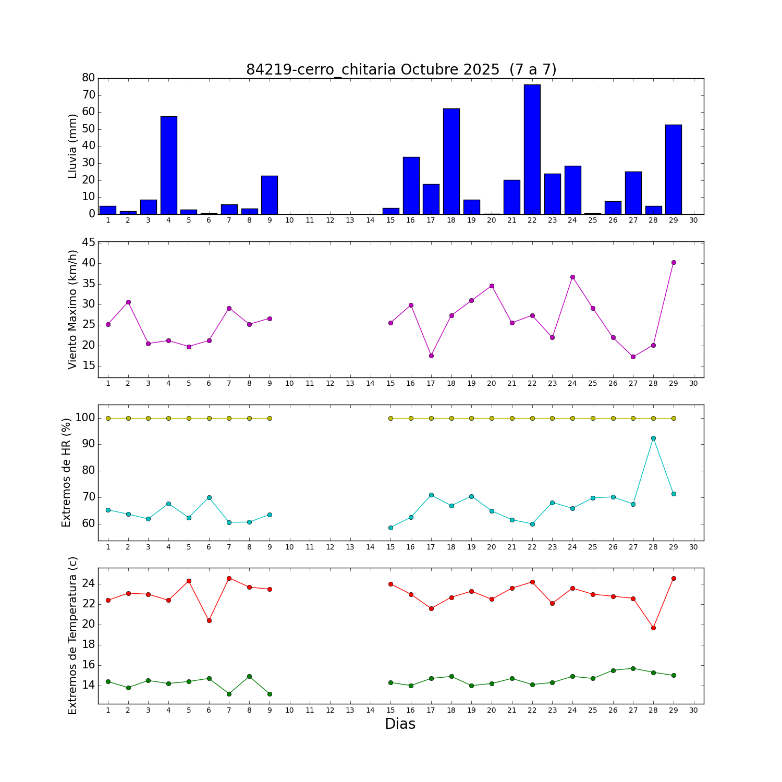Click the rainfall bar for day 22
coord(532,149)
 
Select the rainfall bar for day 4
coord(168,165)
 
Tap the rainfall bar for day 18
coord(451,161)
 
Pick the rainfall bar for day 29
coord(674,169)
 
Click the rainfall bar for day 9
coord(270,195)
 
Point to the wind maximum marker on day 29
coord(674,262)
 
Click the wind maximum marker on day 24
coord(572,277)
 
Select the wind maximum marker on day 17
coord(431,356)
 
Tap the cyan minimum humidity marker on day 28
coord(653,438)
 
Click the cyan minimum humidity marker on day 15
coord(390,528)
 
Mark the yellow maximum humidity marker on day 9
coord(270,418)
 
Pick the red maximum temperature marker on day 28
coord(653,628)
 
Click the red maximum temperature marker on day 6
coord(209,620)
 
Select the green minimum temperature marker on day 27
coord(633,668)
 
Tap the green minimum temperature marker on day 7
coord(229,694)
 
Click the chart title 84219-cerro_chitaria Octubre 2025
coord(401,70)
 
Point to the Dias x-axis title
coord(400,724)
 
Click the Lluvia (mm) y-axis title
coord(72,146)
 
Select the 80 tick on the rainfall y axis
coord(89,78)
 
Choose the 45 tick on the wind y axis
coord(89,242)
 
